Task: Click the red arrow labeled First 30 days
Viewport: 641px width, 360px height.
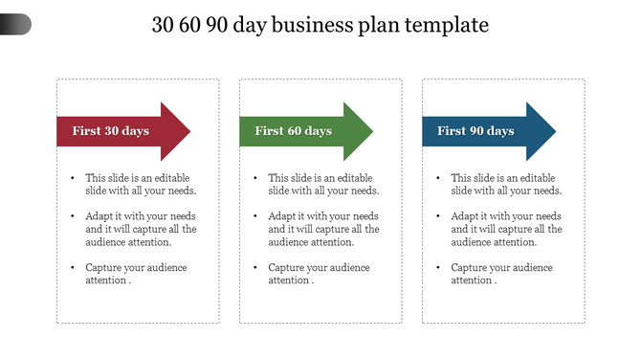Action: [x=115, y=131]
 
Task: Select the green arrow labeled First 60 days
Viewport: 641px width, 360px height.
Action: [x=298, y=131]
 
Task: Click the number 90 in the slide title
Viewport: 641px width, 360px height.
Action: [x=217, y=25]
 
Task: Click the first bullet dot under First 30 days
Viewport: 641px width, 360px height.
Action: [x=72, y=179]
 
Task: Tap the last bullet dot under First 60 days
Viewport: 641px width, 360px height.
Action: [x=254, y=268]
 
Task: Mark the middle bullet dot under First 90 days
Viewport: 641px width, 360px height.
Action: [x=437, y=217]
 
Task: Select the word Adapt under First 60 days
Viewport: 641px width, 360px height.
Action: [x=282, y=216]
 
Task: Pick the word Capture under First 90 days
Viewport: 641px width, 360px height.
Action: [x=469, y=267]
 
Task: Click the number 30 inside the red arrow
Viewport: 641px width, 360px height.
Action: [x=112, y=131]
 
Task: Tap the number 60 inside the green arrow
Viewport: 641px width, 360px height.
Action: [x=295, y=131]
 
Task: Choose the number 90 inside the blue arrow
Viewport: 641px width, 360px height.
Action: [x=477, y=131]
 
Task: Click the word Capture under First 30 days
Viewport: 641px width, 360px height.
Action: [x=103, y=267]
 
